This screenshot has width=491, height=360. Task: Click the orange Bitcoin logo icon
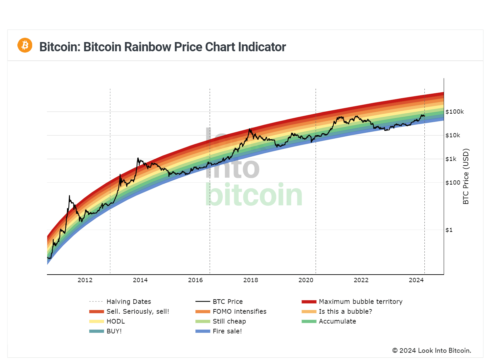[25, 45]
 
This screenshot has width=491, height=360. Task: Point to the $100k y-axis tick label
[455, 112]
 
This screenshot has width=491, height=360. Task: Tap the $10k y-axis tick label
[453, 135]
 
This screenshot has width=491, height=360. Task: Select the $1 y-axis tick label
[449, 230]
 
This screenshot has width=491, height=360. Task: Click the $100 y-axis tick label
[453, 183]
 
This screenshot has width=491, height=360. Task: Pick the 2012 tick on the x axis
[85, 280]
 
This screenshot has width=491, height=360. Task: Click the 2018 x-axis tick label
[251, 280]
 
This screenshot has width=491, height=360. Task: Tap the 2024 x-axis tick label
[416, 280]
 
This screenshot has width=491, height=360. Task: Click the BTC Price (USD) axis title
[466, 176]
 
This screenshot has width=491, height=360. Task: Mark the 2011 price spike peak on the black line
[69, 196]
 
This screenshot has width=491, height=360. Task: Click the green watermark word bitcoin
[254, 195]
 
